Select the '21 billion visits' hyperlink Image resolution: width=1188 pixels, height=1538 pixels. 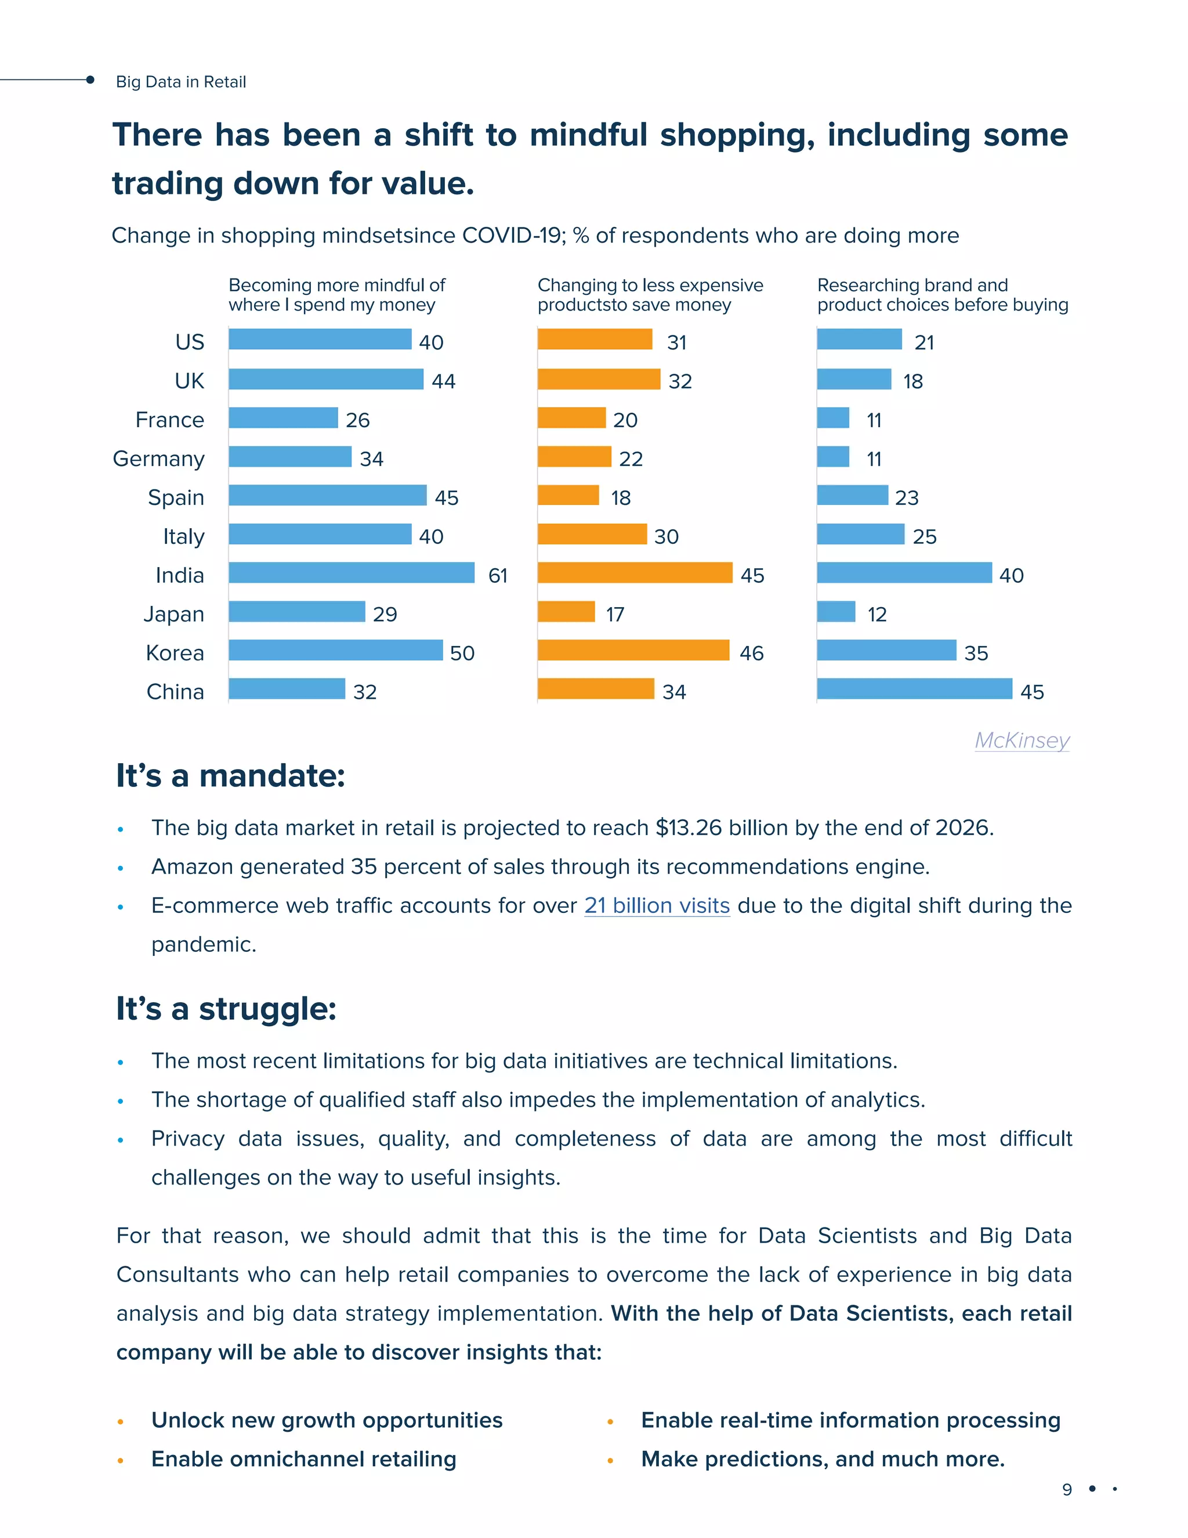657,905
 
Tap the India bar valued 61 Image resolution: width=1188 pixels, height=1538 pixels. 351,572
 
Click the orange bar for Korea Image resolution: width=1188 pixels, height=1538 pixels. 633,650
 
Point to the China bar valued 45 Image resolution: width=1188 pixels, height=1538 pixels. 914,689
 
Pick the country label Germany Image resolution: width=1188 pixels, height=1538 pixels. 158,459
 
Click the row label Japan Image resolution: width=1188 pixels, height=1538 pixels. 174,614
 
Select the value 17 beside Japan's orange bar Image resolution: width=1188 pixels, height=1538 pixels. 614,615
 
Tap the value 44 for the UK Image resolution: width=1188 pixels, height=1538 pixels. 443,382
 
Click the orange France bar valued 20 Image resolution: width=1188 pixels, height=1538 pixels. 571,418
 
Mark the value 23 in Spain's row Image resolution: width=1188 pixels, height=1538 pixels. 907,499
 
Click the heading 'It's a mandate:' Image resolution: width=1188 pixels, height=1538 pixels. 230,776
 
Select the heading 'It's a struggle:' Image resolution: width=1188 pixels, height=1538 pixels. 226,1009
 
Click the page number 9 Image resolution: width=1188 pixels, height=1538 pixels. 1067,1489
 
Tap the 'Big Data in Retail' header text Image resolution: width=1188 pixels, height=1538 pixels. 181,82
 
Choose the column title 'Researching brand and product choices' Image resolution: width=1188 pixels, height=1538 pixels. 941,295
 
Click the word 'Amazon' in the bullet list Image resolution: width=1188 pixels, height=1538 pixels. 192,867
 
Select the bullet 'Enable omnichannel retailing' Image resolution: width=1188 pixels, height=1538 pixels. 303,1459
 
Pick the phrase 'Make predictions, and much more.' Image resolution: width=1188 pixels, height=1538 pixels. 822,1459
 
